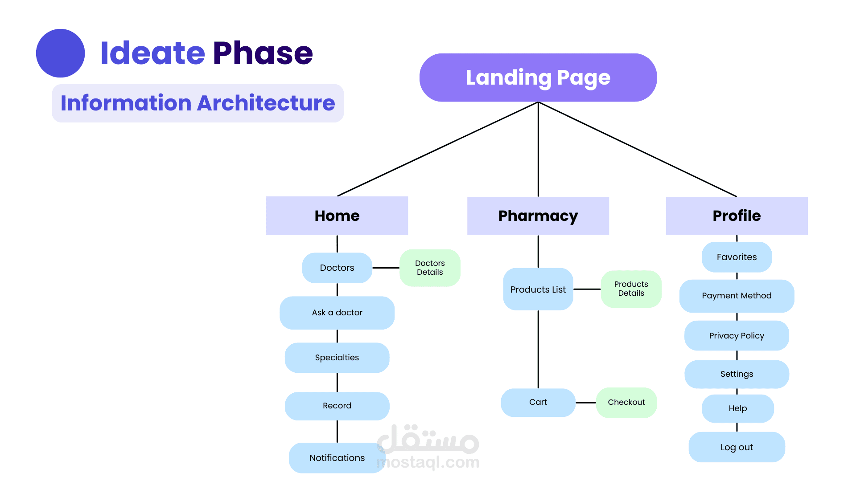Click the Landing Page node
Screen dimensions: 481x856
(x=538, y=77)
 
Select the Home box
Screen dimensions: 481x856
(x=337, y=216)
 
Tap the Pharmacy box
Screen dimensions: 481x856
(x=538, y=216)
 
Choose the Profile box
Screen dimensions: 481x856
(x=737, y=216)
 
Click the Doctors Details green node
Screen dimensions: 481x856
(x=430, y=268)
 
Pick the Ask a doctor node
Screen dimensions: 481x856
(x=337, y=313)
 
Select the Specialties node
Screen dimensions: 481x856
(x=337, y=358)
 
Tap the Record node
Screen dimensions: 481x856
(x=337, y=406)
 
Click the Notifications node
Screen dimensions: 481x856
(x=337, y=458)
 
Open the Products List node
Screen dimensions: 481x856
(x=538, y=289)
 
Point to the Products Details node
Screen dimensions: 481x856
(x=631, y=289)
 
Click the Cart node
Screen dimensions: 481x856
(x=538, y=402)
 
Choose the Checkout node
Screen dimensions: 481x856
(x=626, y=402)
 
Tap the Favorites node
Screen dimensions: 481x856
(x=737, y=257)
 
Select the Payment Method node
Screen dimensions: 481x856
(x=737, y=296)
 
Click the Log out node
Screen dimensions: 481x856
(x=737, y=447)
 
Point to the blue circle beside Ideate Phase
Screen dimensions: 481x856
(x=60, y=53)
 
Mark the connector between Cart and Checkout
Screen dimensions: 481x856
(x=585, y=403)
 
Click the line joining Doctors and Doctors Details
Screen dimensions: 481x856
(x=386, y=268)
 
